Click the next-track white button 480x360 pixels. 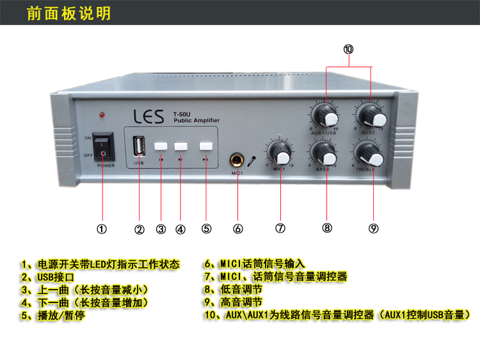coord(181,146)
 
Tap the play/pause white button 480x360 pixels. coord(205,146)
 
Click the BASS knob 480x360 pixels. coord(323,154)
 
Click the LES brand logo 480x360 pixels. coord(148,116)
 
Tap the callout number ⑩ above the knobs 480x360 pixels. coord(348,49)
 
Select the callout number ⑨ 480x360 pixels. coord(374,228)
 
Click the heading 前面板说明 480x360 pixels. coord(68,13)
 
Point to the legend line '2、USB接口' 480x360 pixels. coord(48,277)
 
